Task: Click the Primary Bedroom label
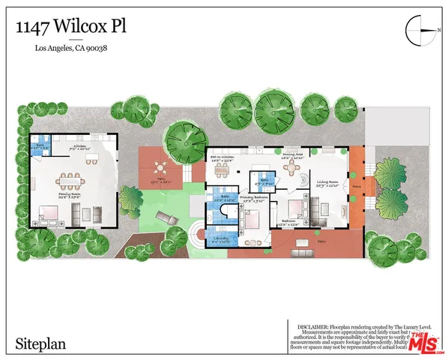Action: (252, 199)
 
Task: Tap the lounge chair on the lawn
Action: (166, 218)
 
